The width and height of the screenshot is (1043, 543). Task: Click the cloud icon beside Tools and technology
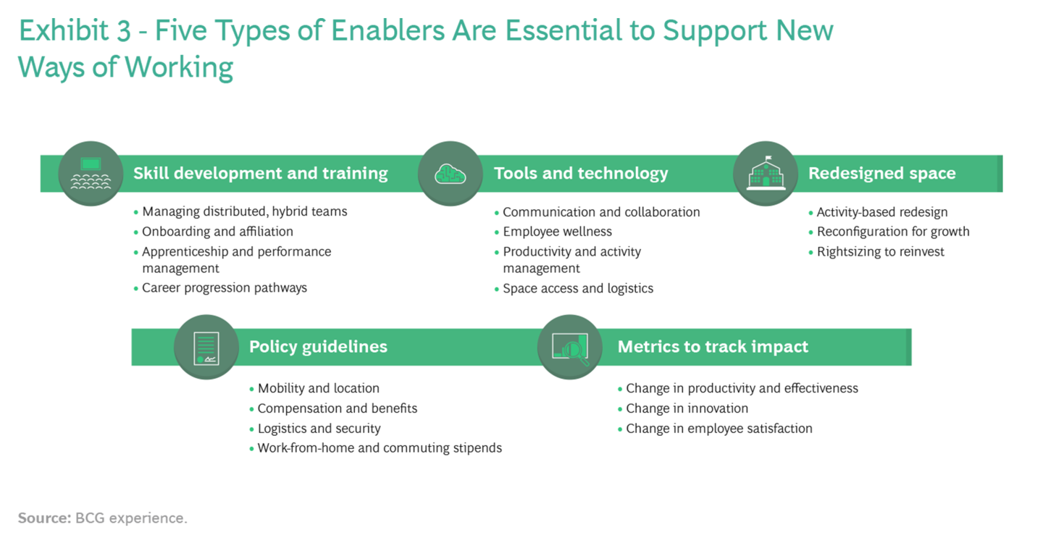point(450,174)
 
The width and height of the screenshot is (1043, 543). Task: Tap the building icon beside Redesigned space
point(766,173)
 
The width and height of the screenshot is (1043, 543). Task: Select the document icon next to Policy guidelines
point(206,348)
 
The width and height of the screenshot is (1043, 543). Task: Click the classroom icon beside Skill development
point(91,174)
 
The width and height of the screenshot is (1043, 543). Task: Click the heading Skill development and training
point(260,173)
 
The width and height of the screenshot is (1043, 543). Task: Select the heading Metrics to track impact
point(713,347)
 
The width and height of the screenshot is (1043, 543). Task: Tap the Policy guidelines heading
point(318,347)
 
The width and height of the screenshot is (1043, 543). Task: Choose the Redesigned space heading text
point(882,173)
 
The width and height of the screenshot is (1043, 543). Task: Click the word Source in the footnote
point(44,518)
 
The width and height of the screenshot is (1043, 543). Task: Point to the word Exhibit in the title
point(64,30)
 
